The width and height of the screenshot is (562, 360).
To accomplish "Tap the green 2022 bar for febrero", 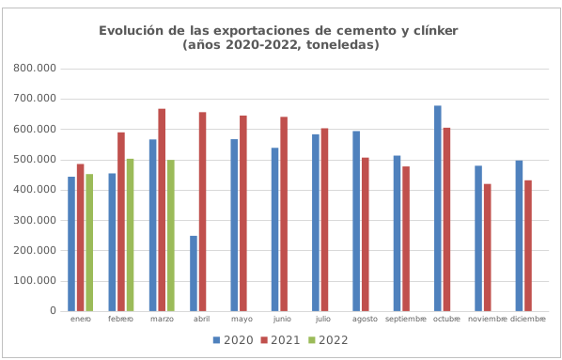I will (130, 234).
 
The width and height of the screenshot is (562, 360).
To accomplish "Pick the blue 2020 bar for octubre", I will (438, 208).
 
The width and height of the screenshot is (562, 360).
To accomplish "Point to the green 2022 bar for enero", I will (89, 243).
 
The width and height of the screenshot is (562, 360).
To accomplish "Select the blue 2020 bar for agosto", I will (356, 221).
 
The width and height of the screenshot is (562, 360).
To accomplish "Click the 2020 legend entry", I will (233, 340).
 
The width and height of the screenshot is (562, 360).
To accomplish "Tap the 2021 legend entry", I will (279, 340).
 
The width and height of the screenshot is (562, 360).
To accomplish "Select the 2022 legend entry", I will (327, 340).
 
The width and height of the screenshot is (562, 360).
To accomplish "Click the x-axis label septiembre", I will (406, 320).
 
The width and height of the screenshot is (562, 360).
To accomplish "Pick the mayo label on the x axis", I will (242, 320).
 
